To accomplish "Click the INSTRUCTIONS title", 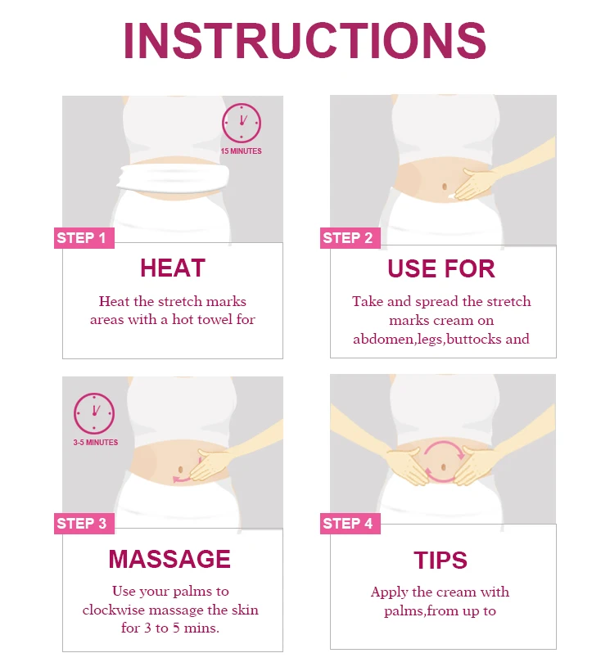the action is tap(305, 41).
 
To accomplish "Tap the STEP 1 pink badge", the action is tap(84, 238).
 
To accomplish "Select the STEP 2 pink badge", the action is tap(350, 238).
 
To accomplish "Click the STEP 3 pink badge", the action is tap(84, 524).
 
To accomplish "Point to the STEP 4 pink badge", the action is tap(350, 524).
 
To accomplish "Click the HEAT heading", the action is tap(173, 268).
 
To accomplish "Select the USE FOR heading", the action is tap(441, 268).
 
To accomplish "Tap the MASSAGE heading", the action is tap(169, 559).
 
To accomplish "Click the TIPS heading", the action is tap(441, 561).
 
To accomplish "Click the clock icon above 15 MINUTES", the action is tap(242, 123).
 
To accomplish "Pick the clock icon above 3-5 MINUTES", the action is tap(94, 413).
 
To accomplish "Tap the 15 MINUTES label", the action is tap(241, 151).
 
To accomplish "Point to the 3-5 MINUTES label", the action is tap(96, 443).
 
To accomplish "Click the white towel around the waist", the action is tap(174, 178).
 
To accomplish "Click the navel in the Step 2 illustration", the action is tap(445, 187).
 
